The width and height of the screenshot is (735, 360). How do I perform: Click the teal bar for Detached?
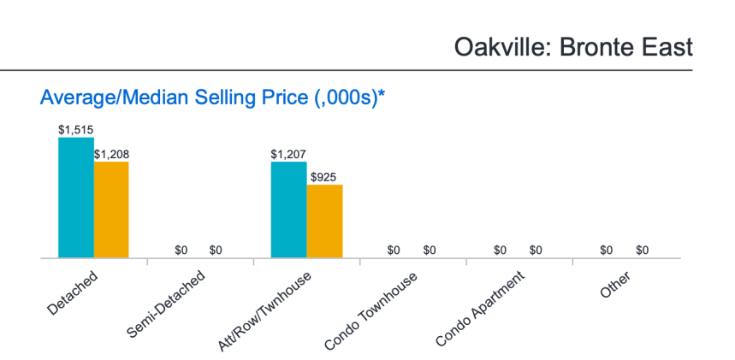75,198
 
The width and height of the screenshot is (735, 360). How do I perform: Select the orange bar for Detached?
111,210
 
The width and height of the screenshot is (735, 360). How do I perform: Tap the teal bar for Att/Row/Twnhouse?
288,210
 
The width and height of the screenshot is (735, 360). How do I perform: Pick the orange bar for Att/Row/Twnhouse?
324,221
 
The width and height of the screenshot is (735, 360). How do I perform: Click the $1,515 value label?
75,130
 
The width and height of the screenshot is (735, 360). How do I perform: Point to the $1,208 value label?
111,155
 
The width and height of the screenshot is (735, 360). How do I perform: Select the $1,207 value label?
288,155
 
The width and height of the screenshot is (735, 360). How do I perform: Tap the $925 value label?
324,178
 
